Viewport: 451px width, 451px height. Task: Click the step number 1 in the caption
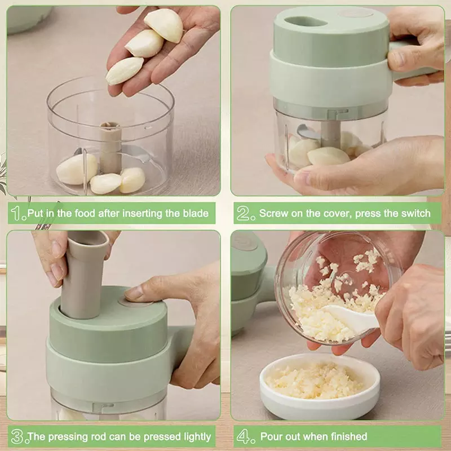(x=18, y=213)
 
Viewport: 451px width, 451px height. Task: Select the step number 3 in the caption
(x=18, y=436)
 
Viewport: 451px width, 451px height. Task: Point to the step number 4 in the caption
(x=244, y=436)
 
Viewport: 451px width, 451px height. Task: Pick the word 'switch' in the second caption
(x=415, y=213)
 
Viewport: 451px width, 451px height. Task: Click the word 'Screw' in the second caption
(x=273, y=213)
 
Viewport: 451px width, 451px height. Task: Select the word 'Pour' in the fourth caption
(x=271, y=436)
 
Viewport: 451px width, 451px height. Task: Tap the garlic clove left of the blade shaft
(x=77, y=169)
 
